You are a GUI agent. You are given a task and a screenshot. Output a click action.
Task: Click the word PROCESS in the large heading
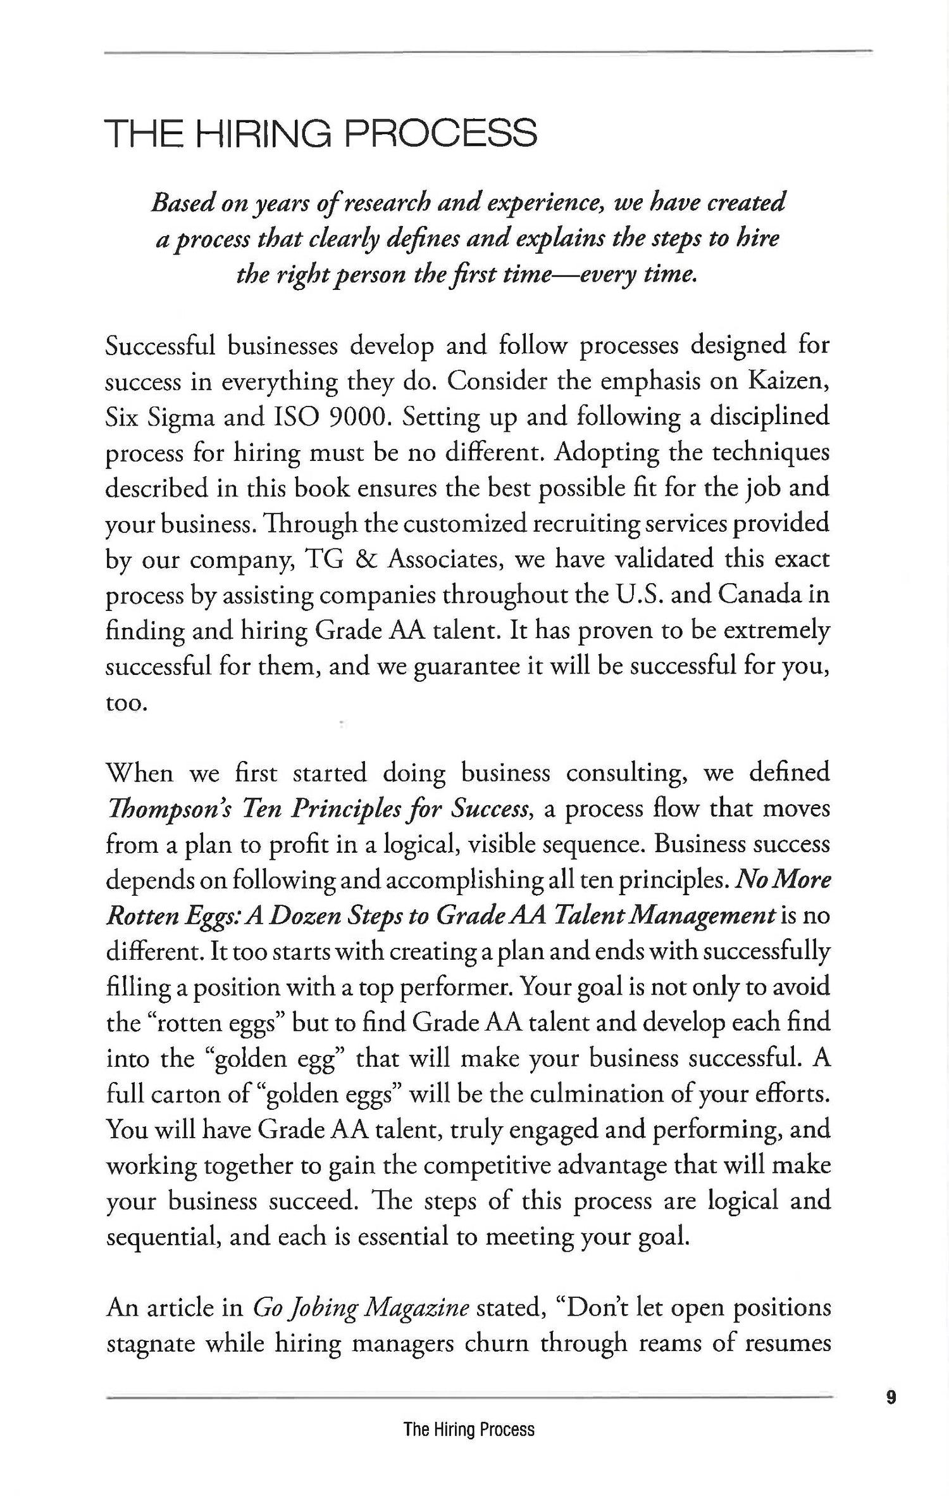[442, 134]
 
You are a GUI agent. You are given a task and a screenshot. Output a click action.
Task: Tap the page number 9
[891, 1397]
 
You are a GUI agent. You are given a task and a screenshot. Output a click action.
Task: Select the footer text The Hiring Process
[469, 1430]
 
